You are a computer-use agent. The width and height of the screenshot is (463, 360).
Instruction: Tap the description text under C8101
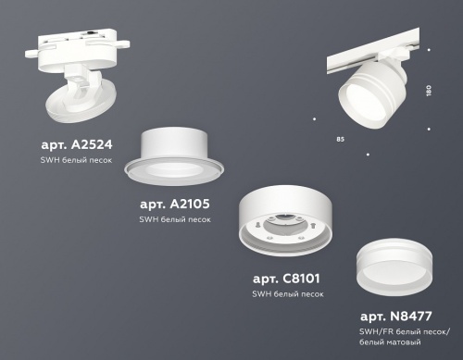click(287, 293)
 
